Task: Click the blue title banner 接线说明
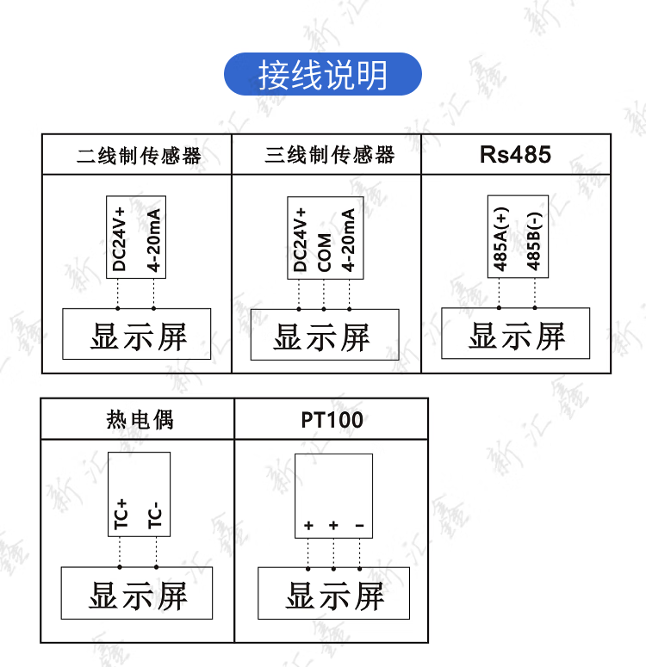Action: coord(323,74)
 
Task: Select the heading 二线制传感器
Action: coord(139,156)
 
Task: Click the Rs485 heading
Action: coord(515,155)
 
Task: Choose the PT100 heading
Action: coord(332,420)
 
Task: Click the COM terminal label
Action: coord(325,251)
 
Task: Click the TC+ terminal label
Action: coord(121,513)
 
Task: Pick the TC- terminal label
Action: coord(155,515)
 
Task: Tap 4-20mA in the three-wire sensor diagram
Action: coord(349,240)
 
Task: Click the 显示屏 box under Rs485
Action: coord(515,334)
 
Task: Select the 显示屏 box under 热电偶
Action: coord(137,594)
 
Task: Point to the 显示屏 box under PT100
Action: coord(334,594)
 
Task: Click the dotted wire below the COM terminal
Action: coord(324,293)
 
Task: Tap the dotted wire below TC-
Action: coord(156,552)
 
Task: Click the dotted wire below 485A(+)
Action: coord(499,292)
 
